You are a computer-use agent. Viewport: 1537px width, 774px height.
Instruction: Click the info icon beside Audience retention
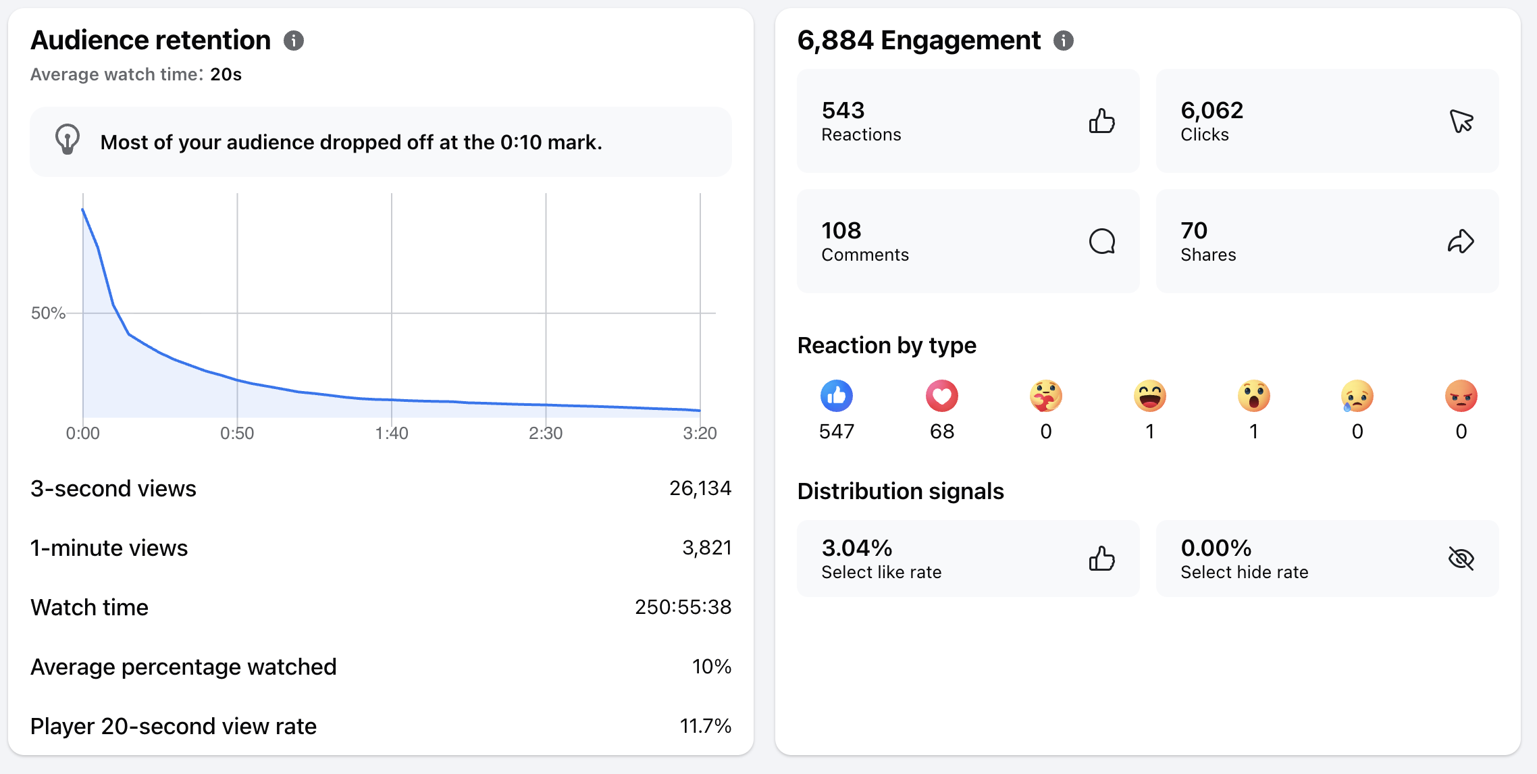(294, 41)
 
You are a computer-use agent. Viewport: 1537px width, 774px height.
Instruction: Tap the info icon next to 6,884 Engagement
(1064, 41)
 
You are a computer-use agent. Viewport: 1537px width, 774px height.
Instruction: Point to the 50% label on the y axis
(48, 313)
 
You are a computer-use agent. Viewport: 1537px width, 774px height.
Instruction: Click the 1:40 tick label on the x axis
(392, 433)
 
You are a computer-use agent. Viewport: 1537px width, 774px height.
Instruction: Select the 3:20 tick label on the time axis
(700, 433)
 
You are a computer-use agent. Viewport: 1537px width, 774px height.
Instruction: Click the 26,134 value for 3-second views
(700, 488)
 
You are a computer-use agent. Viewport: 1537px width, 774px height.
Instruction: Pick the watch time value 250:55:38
(683, 607)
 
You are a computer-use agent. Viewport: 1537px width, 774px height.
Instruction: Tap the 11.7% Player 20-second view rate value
(706, 726)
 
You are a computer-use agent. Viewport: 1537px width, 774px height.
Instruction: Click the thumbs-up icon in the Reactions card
(1102, 121)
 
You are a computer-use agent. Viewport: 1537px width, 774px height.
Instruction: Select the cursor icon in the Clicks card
(1461, 121)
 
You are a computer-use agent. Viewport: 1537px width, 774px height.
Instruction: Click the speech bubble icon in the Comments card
(1102, 241)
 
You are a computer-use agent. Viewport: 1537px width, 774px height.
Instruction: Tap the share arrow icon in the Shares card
(1461, 241)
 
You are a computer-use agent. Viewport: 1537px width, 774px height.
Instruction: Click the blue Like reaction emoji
(837, 396)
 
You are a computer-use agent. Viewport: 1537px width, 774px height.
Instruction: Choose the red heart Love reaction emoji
(942, 396)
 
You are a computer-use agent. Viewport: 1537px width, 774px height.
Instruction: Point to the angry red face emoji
(1461, 396)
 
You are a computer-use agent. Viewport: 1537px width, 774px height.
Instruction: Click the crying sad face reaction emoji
(1357, 396)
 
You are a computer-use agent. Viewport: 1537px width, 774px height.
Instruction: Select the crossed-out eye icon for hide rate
(1461, 559)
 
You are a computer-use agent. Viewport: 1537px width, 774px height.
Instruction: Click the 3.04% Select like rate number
(857, 548)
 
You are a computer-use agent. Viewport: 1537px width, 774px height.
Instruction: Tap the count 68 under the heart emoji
(942, 432)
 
